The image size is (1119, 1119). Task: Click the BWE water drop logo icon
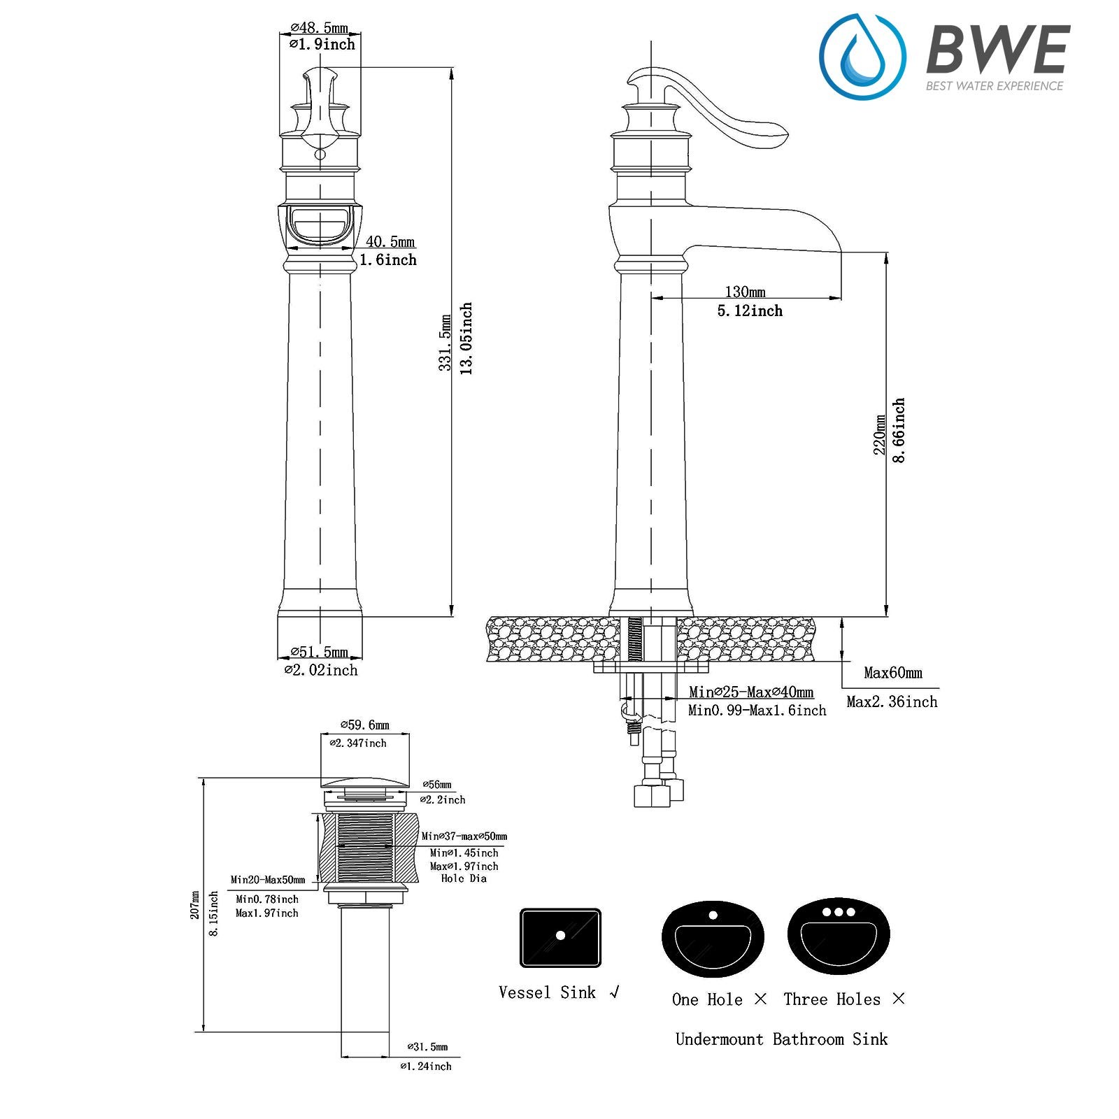(862, 57)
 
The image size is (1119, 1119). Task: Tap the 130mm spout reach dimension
(745, 292)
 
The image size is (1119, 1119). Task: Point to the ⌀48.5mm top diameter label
(319, 28)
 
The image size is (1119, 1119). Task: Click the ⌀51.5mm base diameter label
(319, 652)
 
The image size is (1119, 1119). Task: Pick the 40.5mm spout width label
(390, 242)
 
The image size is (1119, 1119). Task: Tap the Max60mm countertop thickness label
(893, 673)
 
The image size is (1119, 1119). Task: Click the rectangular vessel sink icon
(560, 937)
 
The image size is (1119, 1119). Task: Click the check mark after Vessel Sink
(615, 992)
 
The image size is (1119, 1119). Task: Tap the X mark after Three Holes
(899, 999)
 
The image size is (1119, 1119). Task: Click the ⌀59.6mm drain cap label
(364, 725)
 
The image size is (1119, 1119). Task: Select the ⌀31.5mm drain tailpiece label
(427, 1047)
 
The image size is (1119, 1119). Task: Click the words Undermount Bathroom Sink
(781, 1039)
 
